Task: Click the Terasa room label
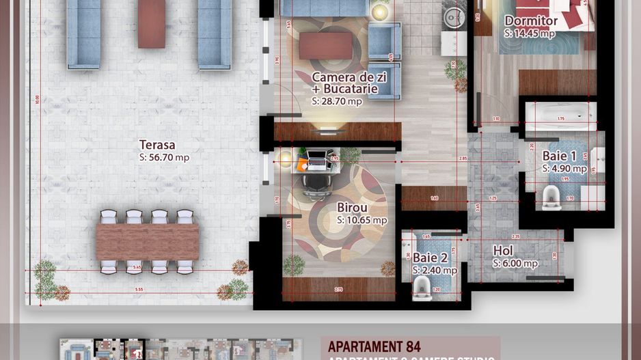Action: pyautogui.click(x=157, y=145)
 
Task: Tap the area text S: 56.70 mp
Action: pyautogui.click(x=164, y=158)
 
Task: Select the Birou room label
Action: pyautogui.click(x=352, y=208)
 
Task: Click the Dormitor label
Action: pyautogui.click(x=531, y=21)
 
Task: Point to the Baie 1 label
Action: pyautogui.click(x=560, y=156)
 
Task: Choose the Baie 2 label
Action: pyautogui.click(x=430, y=258)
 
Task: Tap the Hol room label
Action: pyautogui.click(x=503, y=251)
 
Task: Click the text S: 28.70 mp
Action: pyautogui.click(x=337, y=101)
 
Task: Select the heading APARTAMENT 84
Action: pyautogui.click(x=374, y=346)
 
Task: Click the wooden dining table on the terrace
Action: pyautogui.click(x=148, y=242)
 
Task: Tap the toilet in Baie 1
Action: pyautogui.click(x=551, y=197)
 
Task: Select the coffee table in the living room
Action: pyautogui.click(x=325, y=46)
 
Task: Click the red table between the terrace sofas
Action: pyautogui.click(x=151, y=24)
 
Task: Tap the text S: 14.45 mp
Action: pyautogui.click(x=530, y=33)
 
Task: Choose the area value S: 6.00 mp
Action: pyautogui.click(x=515, y=264)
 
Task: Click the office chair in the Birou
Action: pyautogui.click(x=314, y=182)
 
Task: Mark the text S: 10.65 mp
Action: pyautogui.click(x=362, y=221)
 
